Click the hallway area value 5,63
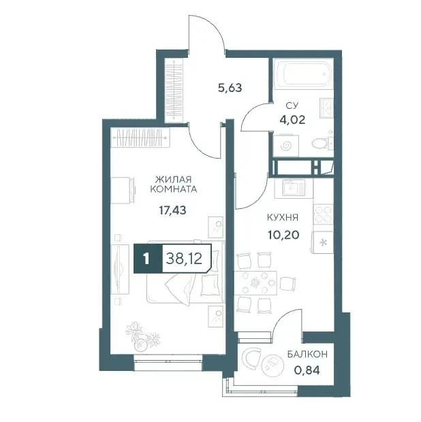pyautogui.click(x=230, y=88)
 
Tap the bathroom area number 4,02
pyautogui.click(x=292, y=120)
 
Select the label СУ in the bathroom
pyautogui.click(x=292, y=105)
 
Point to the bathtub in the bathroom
pyautogui.click(x=302, y=74)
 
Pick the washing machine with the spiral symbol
pyautogui.click(x=286, y=146)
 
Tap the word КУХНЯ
pyautogui.click(x=283, y=217)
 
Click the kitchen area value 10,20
pyautogui.click(x=283, y=236)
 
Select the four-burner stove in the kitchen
pyautogui.click(x=323, y=214)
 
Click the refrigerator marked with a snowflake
pyautogui.click(x=323, y=242)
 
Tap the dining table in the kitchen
pyautogui.click(x=255, y=283)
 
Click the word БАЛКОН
pyautogui.click(x=308, y=354)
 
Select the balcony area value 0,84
pyautogui.click(x=307, y=370)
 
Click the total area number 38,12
pyautogui.click(x=184, y=259)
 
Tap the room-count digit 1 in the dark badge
pyautogui.click(x=146, y=259)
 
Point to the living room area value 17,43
pyautogui.click(x=172, y=210)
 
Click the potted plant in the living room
pyautogui.click(x=142, y=336)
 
